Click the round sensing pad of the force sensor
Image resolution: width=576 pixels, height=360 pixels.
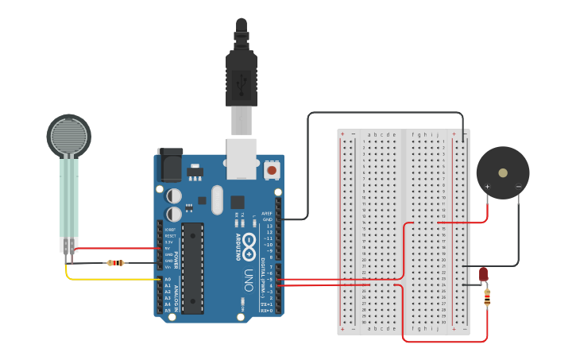coord(68,136)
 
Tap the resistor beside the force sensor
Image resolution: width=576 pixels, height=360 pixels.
coord(116,262)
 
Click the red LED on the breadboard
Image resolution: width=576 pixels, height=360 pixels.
coord(484,274)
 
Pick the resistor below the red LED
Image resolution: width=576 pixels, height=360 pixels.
coord(486,298)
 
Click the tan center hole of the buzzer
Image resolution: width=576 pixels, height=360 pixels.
coord(502,172)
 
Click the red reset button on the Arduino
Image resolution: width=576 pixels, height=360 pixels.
coord(272,170)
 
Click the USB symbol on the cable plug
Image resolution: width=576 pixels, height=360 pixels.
coord(241,79)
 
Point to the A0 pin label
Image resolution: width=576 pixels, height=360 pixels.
coord(168,280)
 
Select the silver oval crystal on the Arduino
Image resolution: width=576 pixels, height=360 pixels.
coord(217,200)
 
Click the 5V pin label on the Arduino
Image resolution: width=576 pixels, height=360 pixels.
coord(168,248)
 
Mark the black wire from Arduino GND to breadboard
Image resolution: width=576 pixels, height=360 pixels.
coord(308,159)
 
